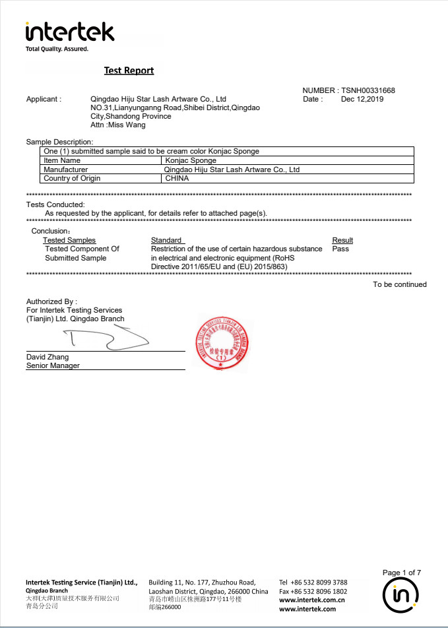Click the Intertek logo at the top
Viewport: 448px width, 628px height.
[69, 32]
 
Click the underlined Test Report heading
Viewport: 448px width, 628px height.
[129, 71]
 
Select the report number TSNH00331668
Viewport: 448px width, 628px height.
[368, 90]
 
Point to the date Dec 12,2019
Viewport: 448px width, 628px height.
[362, 99]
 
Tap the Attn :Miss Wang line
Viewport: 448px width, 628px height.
[118, 125]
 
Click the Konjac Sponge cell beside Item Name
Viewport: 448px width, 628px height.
[191, 160]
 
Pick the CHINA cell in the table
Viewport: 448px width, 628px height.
[177, 178]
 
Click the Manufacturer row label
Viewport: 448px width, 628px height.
[66, 170]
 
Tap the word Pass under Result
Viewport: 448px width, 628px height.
[340, 249]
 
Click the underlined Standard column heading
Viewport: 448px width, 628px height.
[166, 240]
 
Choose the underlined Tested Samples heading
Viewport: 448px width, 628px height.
[69, 240]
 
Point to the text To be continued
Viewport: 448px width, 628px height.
[400, 284]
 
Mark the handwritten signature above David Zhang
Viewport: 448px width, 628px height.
[106, 339]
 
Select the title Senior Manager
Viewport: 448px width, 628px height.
[53, 365]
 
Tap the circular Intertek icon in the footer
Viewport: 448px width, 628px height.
[402, 596]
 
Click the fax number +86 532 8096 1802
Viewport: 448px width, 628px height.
[313, 592]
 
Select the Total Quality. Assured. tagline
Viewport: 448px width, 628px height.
[57, 49]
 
